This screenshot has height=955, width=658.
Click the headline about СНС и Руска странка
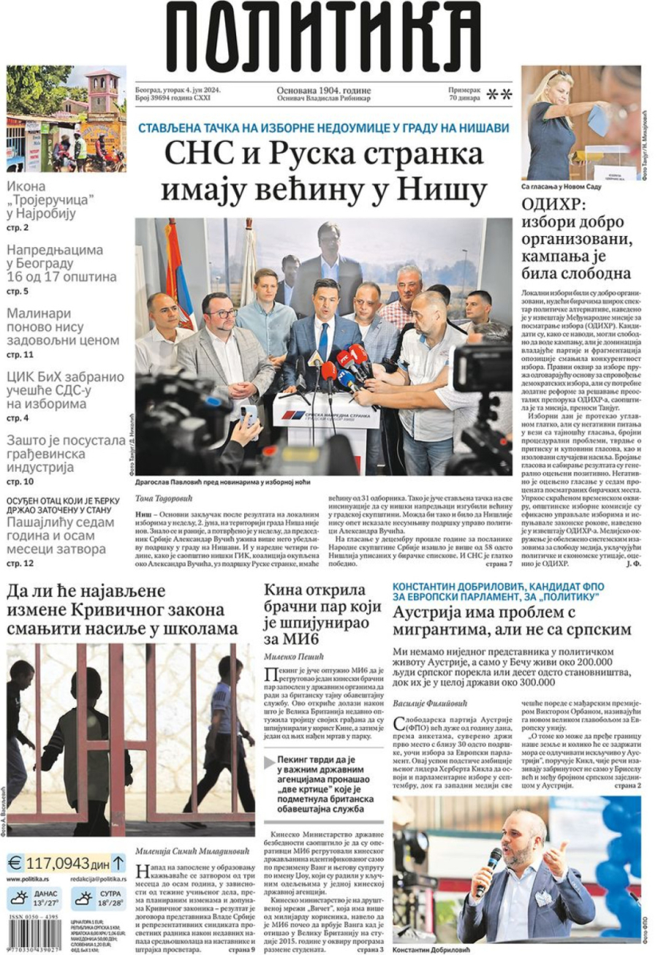click(x=323, y=172)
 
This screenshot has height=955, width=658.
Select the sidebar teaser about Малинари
click(x=62, y=327)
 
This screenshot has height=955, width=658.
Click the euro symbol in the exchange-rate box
click(x=16, y=863)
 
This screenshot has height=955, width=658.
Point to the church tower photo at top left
click(x=66, y=118)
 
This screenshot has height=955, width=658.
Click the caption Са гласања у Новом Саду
click(x=561, y=187)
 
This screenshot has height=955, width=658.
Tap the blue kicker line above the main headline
click(x=323, y=127)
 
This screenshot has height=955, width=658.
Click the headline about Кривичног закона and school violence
click(x=122, y=609)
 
